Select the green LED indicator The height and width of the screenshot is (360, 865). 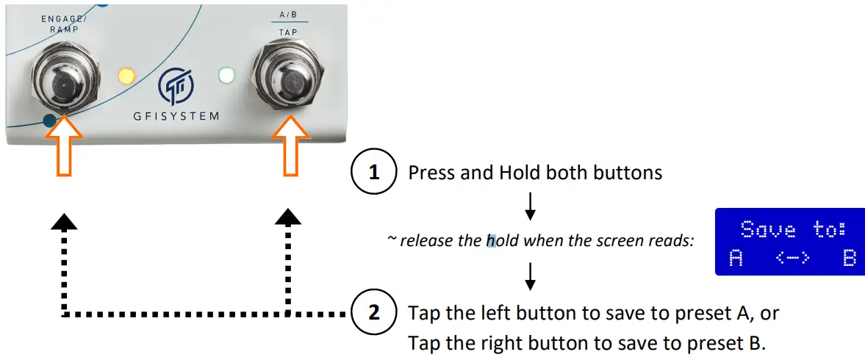[x=226, y=75]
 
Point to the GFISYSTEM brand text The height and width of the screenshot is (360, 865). [x=176, y=116]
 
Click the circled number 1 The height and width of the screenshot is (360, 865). [x=374, y=173]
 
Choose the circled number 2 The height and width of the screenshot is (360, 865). [x=374, y=314]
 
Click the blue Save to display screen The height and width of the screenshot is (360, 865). [x=789, y=241]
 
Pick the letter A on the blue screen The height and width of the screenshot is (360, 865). [x=736, y=259]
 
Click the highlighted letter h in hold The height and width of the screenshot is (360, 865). [x=491, y=240]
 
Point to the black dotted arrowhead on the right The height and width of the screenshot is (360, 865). [x=288, y=216]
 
